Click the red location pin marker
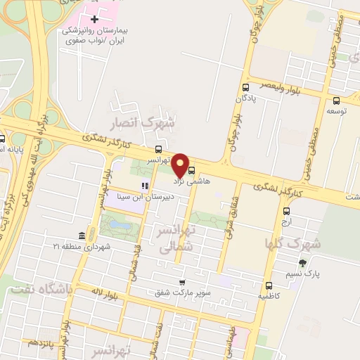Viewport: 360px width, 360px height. click(181, 165)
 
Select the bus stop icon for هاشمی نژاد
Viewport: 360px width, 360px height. click(192, 169)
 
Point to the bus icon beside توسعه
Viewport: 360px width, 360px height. click(336, 100)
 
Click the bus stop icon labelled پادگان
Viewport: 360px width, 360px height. click(245, 88)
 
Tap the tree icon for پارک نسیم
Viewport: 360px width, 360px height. click(302, 263)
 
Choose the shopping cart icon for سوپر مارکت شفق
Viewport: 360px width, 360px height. click(182, 281)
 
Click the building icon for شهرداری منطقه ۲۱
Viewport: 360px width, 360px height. click(83, 235)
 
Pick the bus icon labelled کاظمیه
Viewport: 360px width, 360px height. click(269, 285)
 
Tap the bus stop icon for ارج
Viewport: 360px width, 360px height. click(286, 211)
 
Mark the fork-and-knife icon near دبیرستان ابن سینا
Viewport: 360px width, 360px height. click(144, 186)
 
